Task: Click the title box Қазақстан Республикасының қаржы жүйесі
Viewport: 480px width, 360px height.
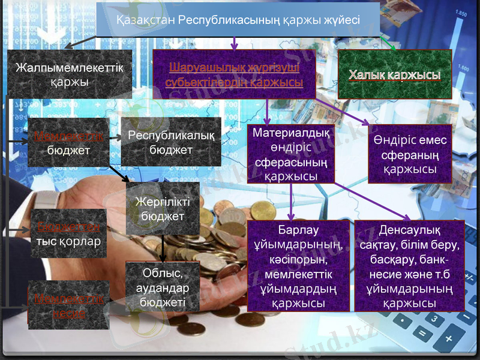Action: click(238, 20)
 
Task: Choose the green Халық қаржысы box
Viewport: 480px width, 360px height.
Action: click(395, 74)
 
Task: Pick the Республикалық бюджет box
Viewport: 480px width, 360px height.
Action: click(171, 142)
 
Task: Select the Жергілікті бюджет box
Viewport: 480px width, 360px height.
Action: click(163, 208)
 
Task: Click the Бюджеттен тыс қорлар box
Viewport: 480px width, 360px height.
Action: click(68, 233)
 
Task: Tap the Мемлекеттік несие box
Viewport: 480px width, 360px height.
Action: click(68, 305)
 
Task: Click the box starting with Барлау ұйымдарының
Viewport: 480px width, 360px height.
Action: click(298, 266)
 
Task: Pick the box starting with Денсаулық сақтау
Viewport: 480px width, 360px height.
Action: click(409, 266)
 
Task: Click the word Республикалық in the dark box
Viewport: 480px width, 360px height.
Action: click(171, 136)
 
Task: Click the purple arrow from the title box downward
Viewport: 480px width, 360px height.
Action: click(234, 41)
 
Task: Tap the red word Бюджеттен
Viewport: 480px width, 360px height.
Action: click(68, 227)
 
